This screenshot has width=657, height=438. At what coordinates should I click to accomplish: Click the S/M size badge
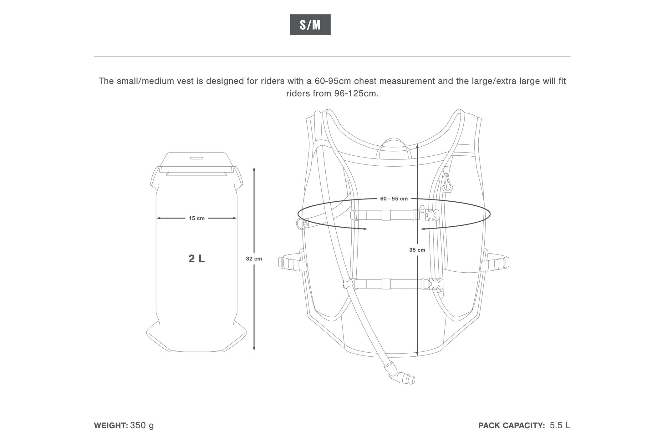pyautogui.click(x=310, y=25)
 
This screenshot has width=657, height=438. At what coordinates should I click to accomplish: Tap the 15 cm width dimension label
pyautogui.click(x=196, y=218)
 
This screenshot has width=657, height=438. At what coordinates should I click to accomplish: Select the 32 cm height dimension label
pyautogui.click(x=254, y=259)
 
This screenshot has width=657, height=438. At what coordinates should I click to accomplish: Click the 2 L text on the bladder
pyautogui.click(x=196, y=259)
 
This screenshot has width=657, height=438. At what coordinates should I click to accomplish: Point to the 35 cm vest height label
pyautogui.click(x=417, y=250)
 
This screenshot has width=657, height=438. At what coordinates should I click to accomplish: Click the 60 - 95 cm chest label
pyautogui.click(x=394, y=199)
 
